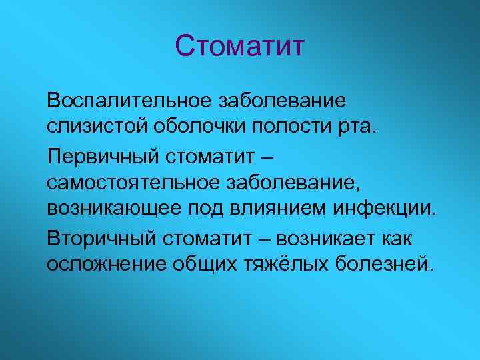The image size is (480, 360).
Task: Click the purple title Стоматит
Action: pyautogui.click(x=240, y=47)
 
